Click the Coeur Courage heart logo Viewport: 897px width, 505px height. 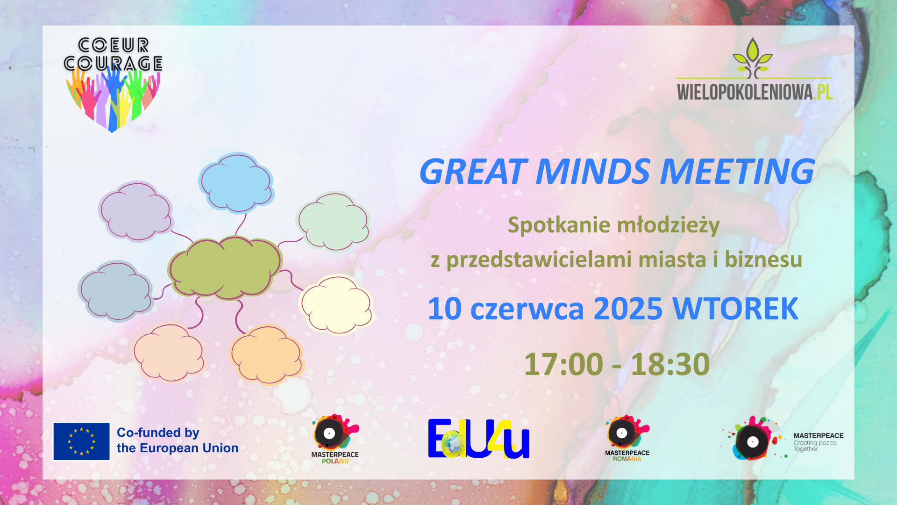point(113,85)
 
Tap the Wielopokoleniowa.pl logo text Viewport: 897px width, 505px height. point(755,92)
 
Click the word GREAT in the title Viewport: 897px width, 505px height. point(473,172)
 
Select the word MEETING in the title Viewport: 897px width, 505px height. point(737,171)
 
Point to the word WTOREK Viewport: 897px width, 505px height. point(735,309)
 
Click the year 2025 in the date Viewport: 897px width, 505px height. point(628,309)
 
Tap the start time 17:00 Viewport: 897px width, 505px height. point(563,364)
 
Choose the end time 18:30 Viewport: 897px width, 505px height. point(670,364)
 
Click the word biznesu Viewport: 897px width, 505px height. point(763,260)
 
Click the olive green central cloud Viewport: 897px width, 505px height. point(225,267)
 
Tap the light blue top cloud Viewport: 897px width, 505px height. point(236,182)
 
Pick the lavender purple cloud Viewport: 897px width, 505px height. point(135,211)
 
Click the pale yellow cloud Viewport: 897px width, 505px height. point(336,304)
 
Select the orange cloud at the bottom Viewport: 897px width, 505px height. point(266,355)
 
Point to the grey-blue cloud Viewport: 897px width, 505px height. point(115,291)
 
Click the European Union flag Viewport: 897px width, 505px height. point(81,441)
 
